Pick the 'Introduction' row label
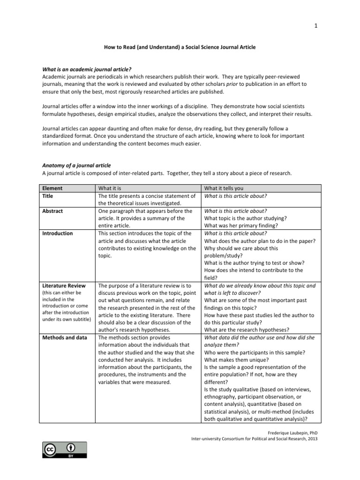pyautogui.click(x=58, y=233)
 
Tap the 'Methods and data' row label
pyautogui.click(x=64, y=337)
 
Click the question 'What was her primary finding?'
pyautogui.click(x=241, y=226)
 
